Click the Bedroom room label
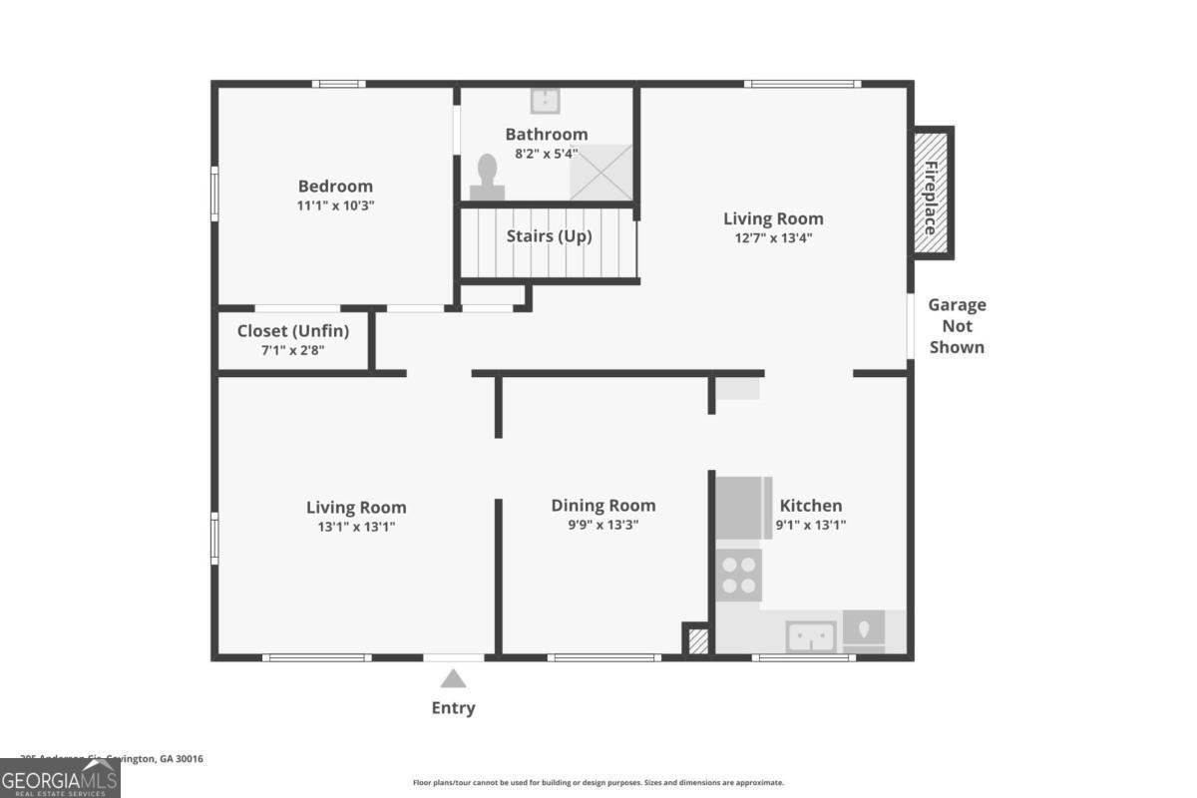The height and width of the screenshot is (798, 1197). click(x=335, y=187)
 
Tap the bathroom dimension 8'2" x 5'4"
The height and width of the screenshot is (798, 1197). click(x=546, y=154)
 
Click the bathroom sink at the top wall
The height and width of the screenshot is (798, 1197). click(x=545, y=101)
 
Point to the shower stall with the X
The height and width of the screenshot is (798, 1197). click(x=600, y=172)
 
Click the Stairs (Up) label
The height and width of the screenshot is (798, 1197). click(x=549, y=236)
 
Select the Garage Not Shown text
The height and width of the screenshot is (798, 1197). click(x=957, y=326)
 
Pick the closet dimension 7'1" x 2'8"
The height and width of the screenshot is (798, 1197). click(x=293, y=350)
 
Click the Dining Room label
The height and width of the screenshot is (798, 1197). click(x=603, y=506)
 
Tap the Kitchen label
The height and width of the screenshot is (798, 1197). click(x=811, y=506)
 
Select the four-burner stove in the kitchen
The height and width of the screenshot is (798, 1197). click(x=739, y=576)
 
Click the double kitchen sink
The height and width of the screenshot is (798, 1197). click(x=811, y=634)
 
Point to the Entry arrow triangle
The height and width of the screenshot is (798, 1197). click(x=454, y=680)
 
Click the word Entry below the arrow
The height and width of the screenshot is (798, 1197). click(x=454, y=708)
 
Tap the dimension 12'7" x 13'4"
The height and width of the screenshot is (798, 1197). click(x=773, y=238)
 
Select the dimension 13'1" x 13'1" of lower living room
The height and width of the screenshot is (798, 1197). click(x=356, y=527)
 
